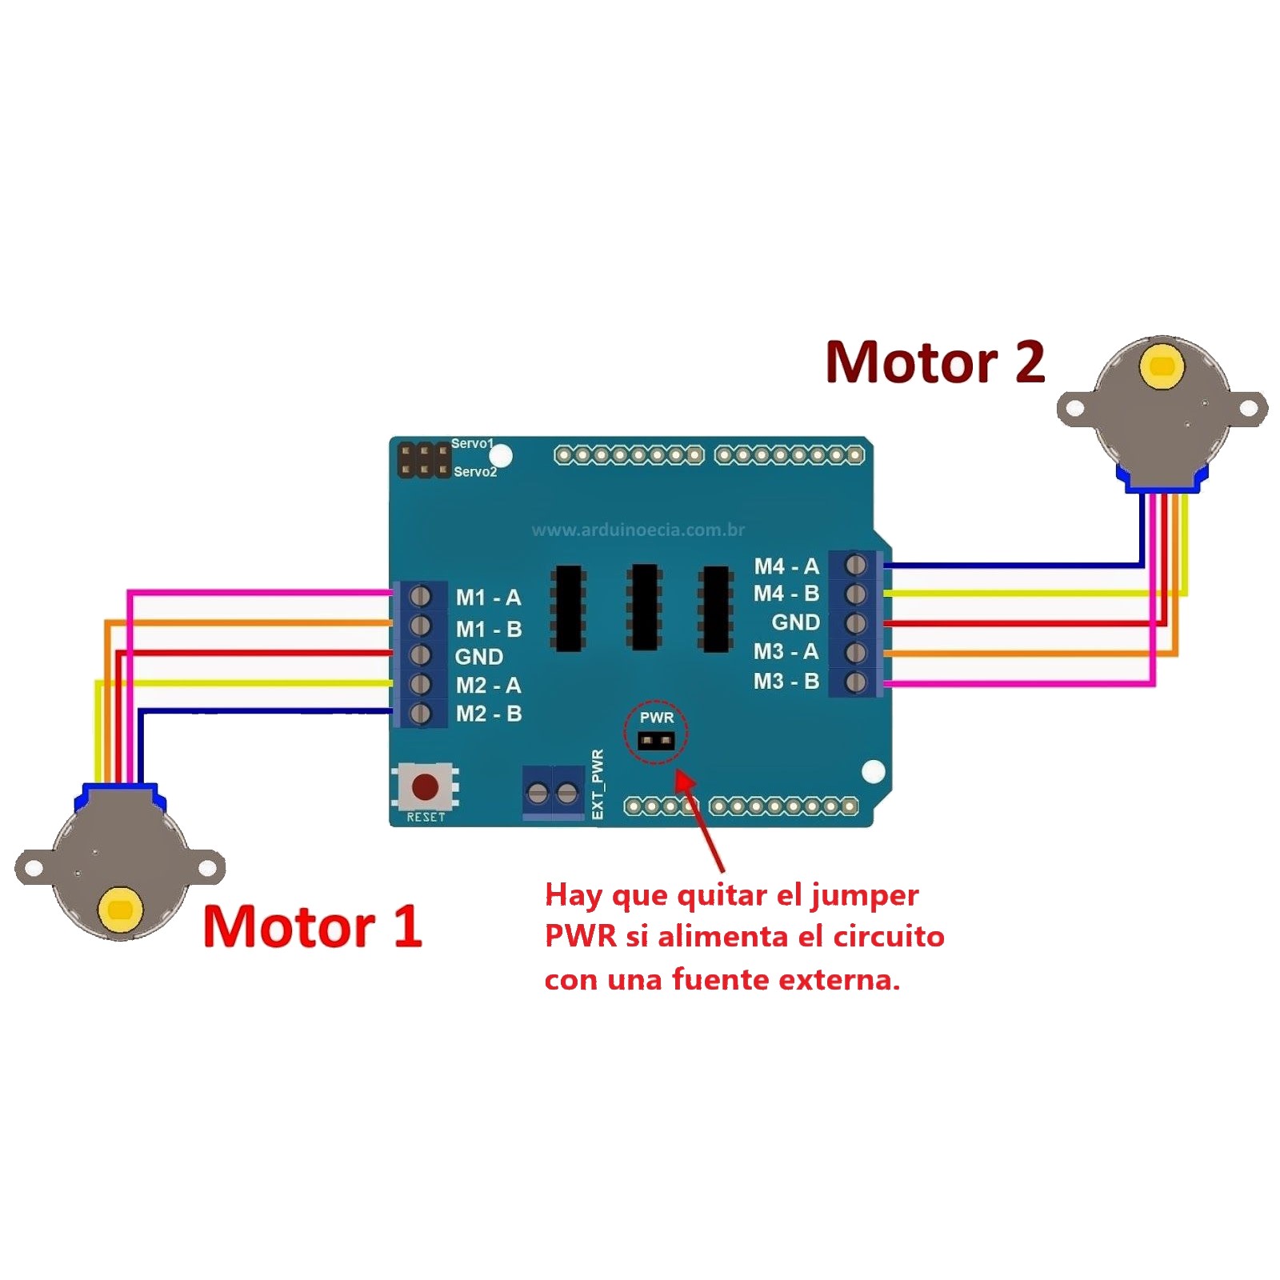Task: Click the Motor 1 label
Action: (312, 926)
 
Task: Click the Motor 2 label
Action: (935, 362)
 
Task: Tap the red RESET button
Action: (425, 786)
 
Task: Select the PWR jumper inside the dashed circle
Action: (656, 740)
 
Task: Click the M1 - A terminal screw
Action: (420, 596)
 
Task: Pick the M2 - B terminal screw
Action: (420, 713)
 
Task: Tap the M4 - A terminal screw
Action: (856, 566)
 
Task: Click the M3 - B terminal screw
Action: (856, 682)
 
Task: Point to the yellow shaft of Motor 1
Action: (120, 910)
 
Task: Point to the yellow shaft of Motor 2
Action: (1162, 367)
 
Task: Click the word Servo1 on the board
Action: (472, 443)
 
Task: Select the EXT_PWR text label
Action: (598, 784)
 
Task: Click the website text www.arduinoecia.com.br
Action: (638, 530)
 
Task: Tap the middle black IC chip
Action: (644, 606)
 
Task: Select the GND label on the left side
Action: (479, 657)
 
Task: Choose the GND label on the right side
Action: (795, 622)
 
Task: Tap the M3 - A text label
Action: (786, 652)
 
